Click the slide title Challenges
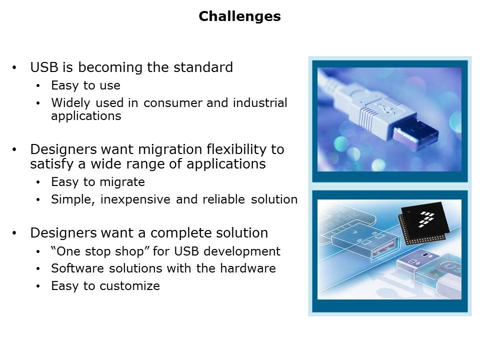click(239, 16)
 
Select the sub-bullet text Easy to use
click(85, 85)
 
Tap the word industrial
click(260, 103)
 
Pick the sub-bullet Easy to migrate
click(98, 182)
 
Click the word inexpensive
click(135, 199)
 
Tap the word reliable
click(224, 199)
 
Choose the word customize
click(130, 286)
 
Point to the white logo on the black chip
click(426, 219)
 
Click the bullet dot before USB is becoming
click(14, 67)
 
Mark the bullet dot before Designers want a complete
click(14, 233)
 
